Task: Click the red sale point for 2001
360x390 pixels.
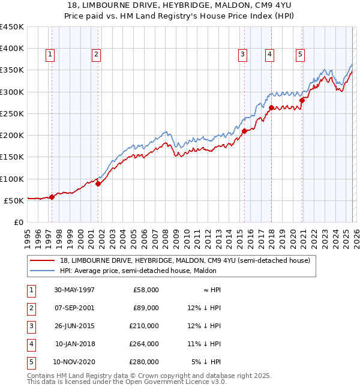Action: click(98, 184)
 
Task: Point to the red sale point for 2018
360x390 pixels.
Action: click(271, 108)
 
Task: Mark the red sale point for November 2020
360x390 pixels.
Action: click(302, 101)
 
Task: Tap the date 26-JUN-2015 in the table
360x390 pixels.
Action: click(74, 326)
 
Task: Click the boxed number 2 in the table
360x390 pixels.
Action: click(31, 308)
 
